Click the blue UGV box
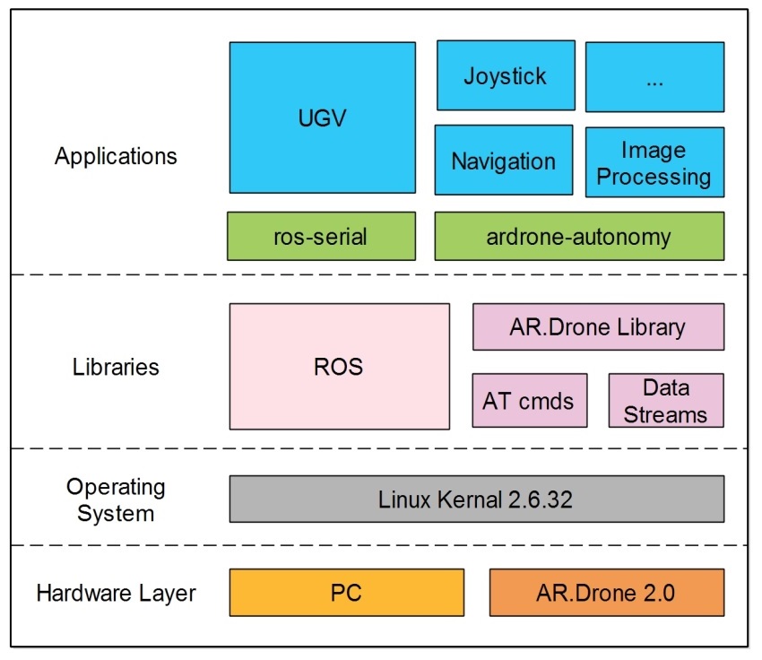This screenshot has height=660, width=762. click(322, 117)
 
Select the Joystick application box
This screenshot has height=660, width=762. click(506, 75)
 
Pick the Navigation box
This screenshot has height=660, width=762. click(503, 161)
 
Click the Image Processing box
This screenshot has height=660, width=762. click(654, 162)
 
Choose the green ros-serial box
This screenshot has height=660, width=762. click(321, 236)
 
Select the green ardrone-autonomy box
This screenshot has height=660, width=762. click(578, 236)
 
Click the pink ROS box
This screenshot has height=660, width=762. click(339, 366)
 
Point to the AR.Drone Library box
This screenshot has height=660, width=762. click(598, 327)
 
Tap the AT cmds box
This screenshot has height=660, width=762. click(529, 400)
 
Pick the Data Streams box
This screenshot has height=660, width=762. click(665, 400)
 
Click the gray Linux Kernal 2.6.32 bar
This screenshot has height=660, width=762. click(476, 499)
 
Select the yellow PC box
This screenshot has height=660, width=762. click(346, 592)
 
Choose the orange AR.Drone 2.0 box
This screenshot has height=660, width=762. click(606, 592)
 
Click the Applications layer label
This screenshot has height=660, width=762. click(116, 156)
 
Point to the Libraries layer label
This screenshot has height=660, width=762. click(116, 367)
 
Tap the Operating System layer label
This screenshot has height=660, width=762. click(116, 499)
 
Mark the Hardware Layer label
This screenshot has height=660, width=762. click(116, 593)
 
